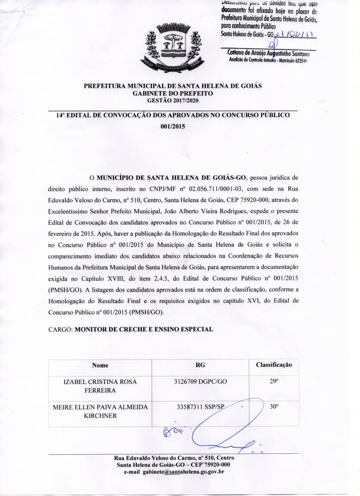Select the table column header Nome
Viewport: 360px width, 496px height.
(x=100, y=365)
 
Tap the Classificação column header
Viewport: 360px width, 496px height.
(x=274, y=365)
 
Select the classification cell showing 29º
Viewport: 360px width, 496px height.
(x=274, y=382)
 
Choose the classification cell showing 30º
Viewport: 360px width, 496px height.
(x=274, y=407)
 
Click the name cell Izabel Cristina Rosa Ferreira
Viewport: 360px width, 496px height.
(x=100, y=386)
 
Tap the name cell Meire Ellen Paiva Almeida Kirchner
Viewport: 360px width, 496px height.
(x=100, y=411)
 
